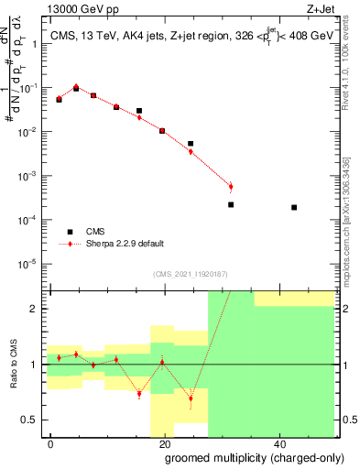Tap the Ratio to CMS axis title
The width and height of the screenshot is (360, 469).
click(x=12, y=365)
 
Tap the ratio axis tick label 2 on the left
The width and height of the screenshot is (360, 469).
click(x=36, y=309)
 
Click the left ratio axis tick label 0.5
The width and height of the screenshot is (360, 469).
click(x=32, y=420)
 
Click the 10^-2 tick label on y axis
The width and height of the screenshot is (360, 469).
click(x=29, y=132)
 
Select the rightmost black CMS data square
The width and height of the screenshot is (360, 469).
click(x=294, y=207)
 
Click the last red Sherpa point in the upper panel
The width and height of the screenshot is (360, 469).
click(x=231, y=187)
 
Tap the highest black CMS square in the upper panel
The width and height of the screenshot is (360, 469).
click(x=76, y=89)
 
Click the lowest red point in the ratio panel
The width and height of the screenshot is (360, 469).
click(x=191, y=398)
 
